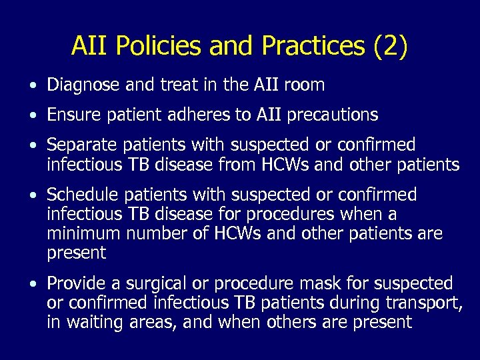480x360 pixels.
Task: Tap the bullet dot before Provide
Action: pyautogui.click(x=33, y=285)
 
